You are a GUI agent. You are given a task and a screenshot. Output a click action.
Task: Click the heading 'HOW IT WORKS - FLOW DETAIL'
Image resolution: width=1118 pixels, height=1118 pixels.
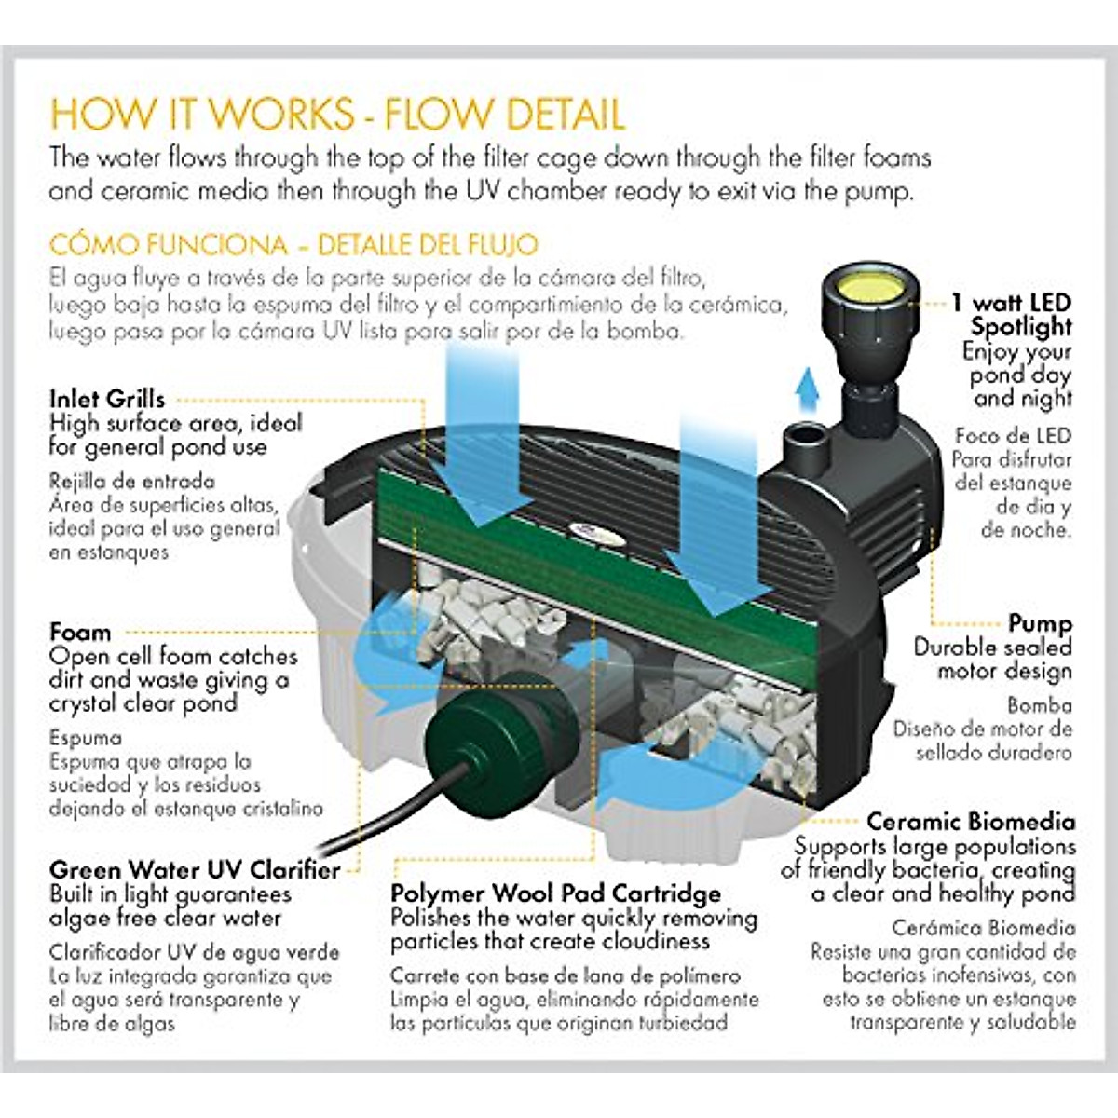coord(336,114)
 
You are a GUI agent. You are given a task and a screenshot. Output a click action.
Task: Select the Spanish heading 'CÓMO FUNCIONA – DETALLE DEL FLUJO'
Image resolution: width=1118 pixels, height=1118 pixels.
coord(293,245)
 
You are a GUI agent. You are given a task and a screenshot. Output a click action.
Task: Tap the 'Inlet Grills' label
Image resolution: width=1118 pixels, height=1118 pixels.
coord(107,399)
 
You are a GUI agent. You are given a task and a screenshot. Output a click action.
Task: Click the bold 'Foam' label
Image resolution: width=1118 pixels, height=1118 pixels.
coord(80,633)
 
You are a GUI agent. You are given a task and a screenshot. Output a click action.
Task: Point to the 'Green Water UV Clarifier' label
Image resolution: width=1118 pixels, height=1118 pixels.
coord(194,870)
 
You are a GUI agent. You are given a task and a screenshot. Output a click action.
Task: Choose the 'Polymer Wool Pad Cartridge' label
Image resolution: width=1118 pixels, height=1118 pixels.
coord(555,893)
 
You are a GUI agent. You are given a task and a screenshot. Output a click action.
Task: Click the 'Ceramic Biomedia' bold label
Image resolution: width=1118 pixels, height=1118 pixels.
coord(970,822)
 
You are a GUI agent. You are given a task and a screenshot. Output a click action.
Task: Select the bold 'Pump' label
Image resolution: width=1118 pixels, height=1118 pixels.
coord(1040,623)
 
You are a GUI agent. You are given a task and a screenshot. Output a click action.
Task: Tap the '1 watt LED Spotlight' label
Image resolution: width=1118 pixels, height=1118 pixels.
coord(1016,315)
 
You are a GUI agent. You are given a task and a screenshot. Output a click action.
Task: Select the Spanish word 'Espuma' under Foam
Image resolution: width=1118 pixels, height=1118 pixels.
coord(86,738)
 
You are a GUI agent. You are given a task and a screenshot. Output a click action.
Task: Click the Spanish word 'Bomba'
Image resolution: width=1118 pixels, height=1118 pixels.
coord(1039,705)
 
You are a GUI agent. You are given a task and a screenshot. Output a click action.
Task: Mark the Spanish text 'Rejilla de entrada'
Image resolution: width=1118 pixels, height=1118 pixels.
coord(131,482)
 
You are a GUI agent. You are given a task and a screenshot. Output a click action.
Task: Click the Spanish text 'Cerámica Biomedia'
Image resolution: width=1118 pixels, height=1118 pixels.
coord(983,928)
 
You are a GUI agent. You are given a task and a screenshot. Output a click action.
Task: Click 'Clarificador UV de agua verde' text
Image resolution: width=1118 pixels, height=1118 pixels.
coord(194,952)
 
